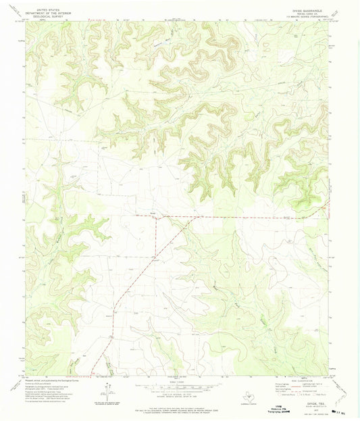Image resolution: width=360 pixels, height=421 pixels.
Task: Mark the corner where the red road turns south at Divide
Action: [x=157, y=217]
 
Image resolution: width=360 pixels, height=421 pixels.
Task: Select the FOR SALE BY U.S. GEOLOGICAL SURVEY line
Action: [x=180, y=408]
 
